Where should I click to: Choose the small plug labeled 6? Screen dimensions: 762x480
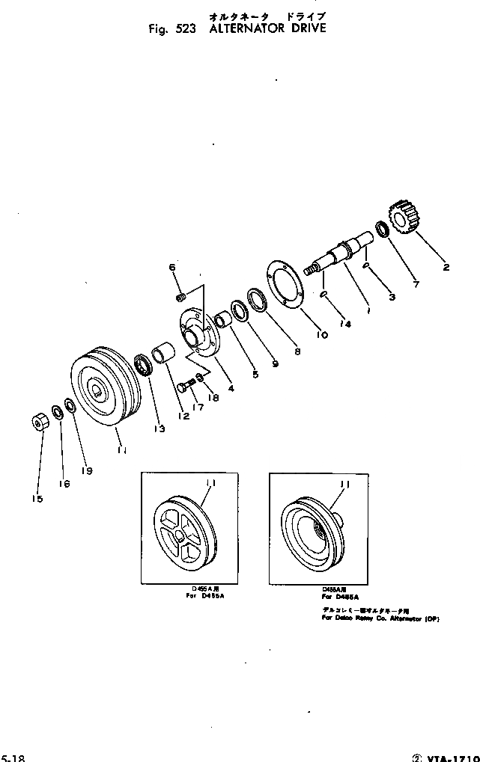tap(180, 299)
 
